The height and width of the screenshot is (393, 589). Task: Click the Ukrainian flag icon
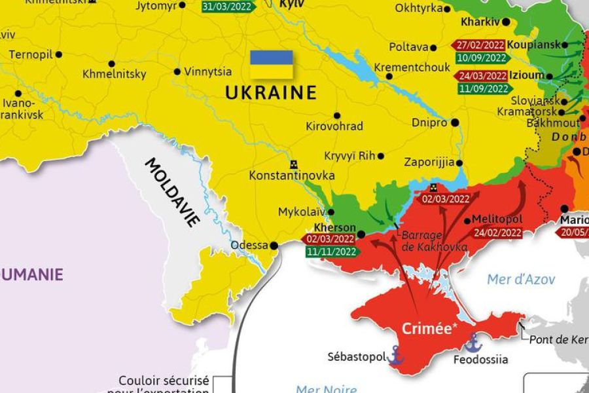pyautogui.click(x=271, y=64)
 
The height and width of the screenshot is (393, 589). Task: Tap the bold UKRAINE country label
pyautogui.click(x=271, y=93)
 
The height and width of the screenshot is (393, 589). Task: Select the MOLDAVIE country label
pyautogui.click(x=172, y=192)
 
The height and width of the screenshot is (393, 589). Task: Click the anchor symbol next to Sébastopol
pyautogui.click(x=395, y=354)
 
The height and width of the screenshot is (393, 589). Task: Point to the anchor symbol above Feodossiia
pyautogui.click(x=473, y=342)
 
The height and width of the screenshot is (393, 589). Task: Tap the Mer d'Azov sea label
pyautogui.click(x=521, y=280)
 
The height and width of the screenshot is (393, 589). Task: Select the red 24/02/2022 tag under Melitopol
pyautogui.click(x=497, y=232)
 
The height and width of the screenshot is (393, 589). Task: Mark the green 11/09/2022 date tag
pyautogui.click(x=483, y=88)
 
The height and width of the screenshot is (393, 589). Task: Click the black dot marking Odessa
pyautogui.click(x=274, y=246)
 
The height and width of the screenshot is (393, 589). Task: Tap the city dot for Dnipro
pyautogui.click(x=455, y=122)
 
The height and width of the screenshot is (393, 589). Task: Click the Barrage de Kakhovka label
pyautogui.click(x=434, y=241)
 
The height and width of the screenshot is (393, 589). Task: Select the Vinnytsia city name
pyautogui.click(x=207, y=72)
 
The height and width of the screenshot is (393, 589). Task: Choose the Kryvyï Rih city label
pyautogui.click(x=349, y=156)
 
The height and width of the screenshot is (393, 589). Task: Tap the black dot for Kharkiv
pyautogui.click(x=506, y=22)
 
